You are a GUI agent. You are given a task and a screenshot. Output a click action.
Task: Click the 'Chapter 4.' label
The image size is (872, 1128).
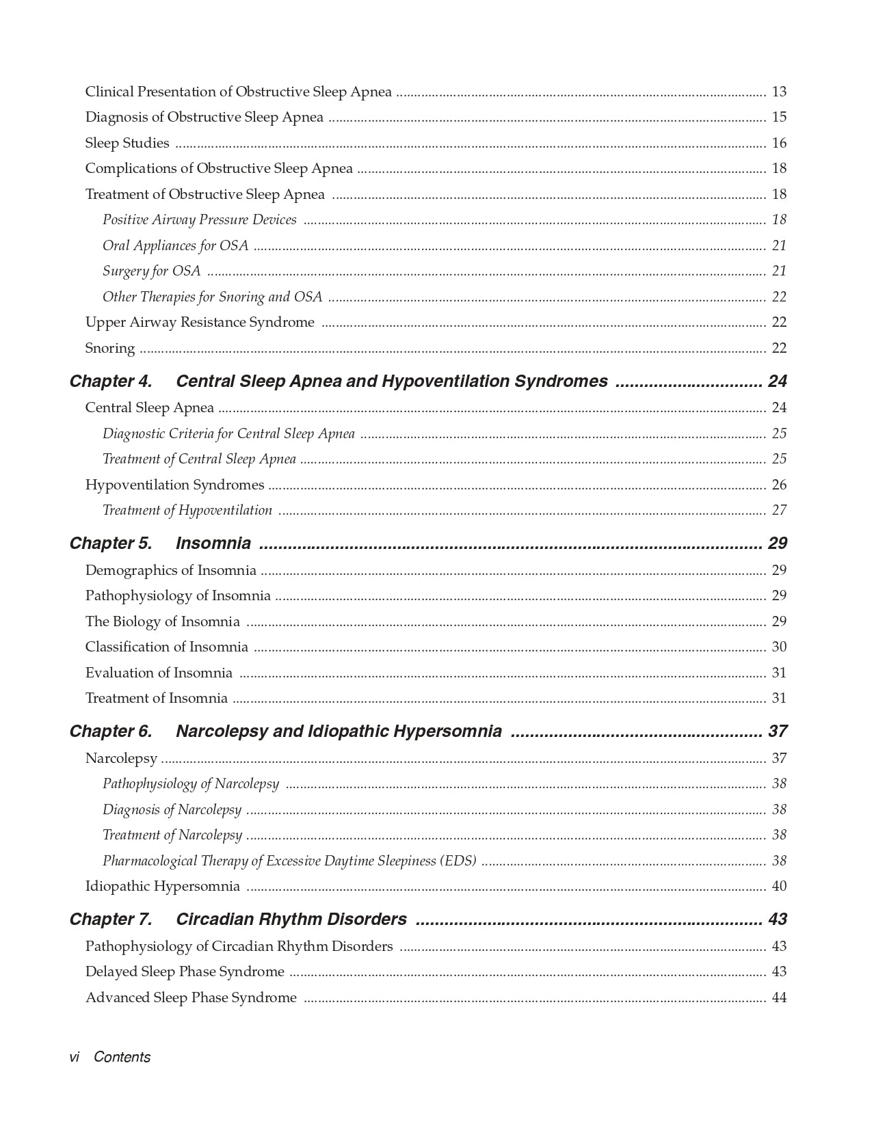(x=111, y=381)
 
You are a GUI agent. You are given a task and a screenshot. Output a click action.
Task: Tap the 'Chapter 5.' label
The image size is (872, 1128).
(x=111, y=543)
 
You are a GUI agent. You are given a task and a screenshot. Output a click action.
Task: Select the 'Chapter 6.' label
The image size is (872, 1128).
(x=111, y=731)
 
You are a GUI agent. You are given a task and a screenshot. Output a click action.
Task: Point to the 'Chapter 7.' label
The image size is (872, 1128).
(x=111, y=919)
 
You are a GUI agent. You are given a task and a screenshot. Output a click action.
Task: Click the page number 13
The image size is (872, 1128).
(x=779, y=92)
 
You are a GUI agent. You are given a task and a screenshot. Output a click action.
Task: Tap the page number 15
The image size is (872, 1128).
(x=779, y=117)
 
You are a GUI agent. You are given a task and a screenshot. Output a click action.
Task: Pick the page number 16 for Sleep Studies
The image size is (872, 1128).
(x=779, y=143)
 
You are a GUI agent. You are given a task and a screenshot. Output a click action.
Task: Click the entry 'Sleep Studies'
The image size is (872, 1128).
(x=127, y=143)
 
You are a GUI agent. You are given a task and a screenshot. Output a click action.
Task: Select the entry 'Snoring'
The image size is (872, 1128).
(x=110, y=348)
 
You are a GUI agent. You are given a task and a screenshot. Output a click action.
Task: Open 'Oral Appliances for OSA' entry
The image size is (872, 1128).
(x=176, y=245)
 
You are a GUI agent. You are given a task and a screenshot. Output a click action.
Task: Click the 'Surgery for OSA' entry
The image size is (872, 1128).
(x=152, y=271)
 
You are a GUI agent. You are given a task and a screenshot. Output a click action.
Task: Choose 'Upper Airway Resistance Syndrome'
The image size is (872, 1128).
(x=200, y=322)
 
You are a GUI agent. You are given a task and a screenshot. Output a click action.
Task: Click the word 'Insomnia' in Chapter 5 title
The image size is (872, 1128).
(x=213, y=543)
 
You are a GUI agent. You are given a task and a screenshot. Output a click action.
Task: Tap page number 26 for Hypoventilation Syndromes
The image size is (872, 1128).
(x=779, y=485)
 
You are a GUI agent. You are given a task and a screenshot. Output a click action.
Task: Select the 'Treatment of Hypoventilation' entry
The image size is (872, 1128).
(x=187, y=510)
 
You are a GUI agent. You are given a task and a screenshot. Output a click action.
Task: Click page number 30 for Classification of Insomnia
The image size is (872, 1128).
(x=779, y=647)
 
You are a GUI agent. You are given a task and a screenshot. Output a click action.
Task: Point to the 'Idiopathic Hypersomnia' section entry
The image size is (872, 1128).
(x=163, y=886)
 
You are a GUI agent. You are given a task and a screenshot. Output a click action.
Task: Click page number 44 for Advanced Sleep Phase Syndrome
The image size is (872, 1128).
(x=779, y=997)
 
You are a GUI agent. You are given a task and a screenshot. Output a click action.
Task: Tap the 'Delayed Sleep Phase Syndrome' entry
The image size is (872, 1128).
(x=185, y=971)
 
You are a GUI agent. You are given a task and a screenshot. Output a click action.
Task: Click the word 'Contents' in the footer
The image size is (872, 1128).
(x=122, y=1057)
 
